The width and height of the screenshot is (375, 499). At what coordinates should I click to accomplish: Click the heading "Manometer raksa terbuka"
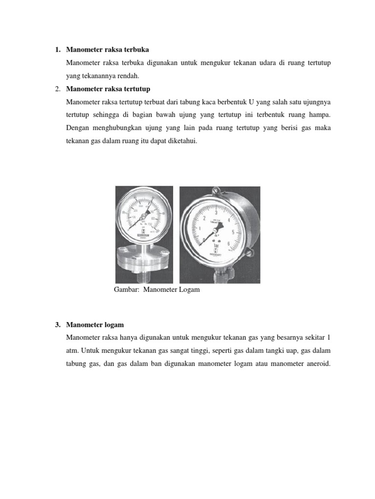107,50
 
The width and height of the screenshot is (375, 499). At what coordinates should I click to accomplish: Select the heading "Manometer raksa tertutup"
108,88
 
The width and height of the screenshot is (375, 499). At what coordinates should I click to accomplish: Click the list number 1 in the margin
57,50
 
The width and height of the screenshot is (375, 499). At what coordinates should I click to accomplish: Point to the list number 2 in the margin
57,88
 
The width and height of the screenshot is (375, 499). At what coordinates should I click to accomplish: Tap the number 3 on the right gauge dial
215,211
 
